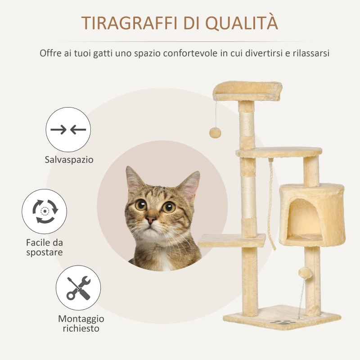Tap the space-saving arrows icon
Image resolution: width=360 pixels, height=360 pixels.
pyautogui.click(x=68, y=130)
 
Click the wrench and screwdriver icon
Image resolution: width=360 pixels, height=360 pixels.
pyautogui.click(x=78, y=288)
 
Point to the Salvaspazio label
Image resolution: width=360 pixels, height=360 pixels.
pyautogui.click(x=69, y=160)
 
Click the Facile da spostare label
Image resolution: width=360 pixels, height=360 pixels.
pyautogui.click(x=44, y=247)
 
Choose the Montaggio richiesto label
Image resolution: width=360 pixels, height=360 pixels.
pyautogui.click(x=81, y=324)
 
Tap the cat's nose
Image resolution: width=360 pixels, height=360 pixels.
pyautogui.click(x=151, y=219)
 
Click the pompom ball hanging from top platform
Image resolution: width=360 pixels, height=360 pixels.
pyautogui.click(x=215, y=132)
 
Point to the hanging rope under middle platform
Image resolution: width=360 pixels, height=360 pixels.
pyautogui.click(x=272, y=202)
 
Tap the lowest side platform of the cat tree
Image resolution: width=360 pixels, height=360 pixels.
pyautogui.click(x=231, y=241)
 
